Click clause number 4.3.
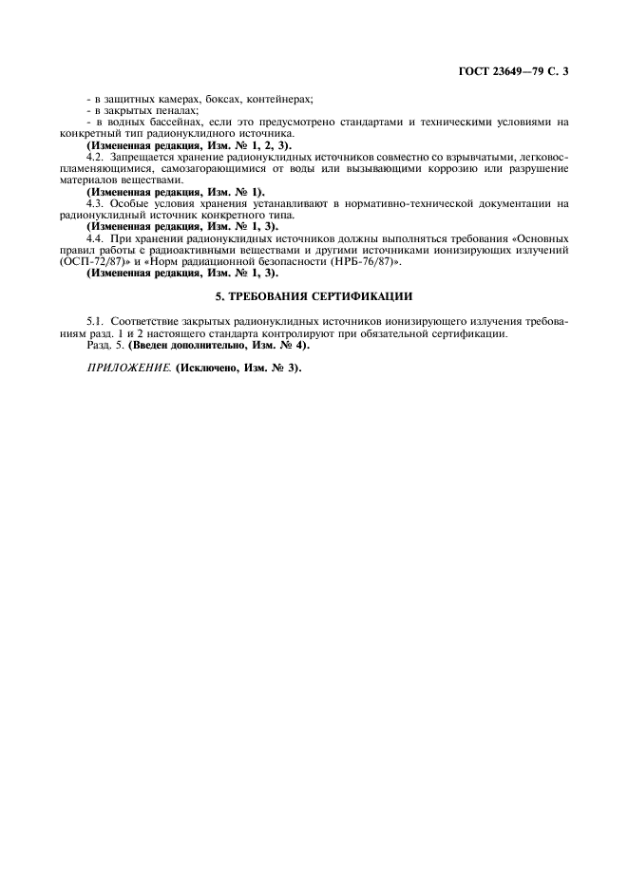(x=95, y=203)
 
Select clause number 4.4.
(x=95, y=238)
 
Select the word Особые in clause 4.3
(x=130, y=203)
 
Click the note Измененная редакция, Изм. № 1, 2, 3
(x=190, y=145)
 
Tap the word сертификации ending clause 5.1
(x=466, y=334)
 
